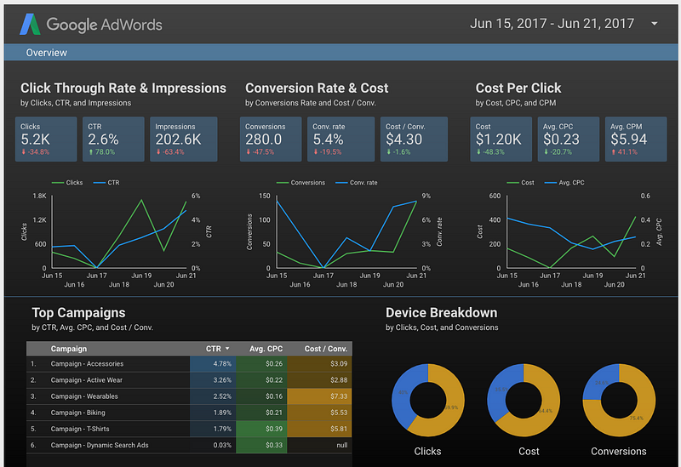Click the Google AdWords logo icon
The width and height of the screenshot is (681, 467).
[x=31, y=24]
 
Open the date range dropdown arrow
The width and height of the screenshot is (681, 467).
[x=655, y=24]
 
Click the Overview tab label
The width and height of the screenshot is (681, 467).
[x=47, y=53]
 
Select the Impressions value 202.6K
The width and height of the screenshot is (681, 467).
[x=177, y=140]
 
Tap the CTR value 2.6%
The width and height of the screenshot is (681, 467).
[x=103, y=140]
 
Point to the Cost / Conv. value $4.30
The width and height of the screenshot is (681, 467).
[x=403, y=140]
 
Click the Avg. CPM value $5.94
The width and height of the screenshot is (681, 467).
[x=628, y=140]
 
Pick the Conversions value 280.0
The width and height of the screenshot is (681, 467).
[x=269, y=140]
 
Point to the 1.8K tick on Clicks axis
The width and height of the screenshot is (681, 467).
[x=39, y=196]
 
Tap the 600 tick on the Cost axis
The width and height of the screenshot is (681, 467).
[x=494, y=196]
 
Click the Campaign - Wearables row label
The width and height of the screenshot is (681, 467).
[x=84, y=396]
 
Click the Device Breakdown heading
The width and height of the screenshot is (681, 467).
[x=441, y=313]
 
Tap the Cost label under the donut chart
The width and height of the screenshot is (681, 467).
[x=529, y=452]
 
